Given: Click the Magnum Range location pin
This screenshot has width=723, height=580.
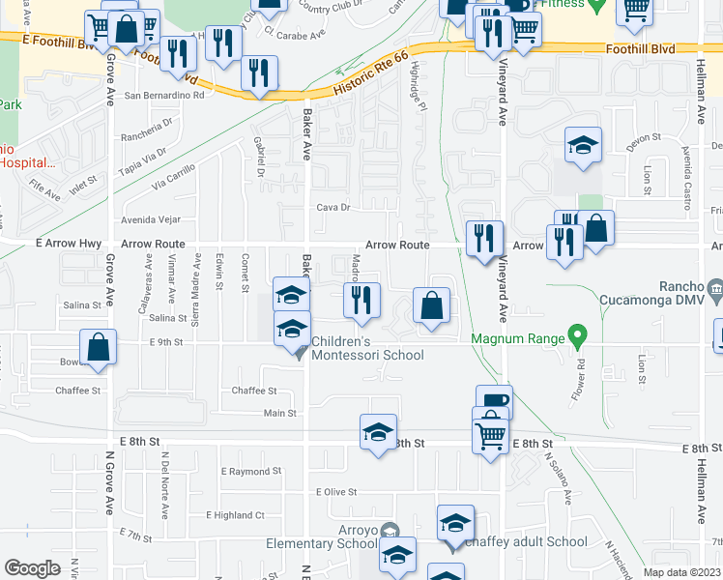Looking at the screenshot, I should point(578,338).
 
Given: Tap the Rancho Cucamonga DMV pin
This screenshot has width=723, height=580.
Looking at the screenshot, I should point(714,287).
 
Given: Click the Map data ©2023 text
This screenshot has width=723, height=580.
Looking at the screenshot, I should point(680,572).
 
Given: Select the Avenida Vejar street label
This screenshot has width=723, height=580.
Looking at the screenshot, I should point(150,218).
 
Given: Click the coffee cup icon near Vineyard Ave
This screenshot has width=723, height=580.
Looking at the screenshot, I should point(494,401).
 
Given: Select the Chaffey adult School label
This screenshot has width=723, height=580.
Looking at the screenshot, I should point(525,541).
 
